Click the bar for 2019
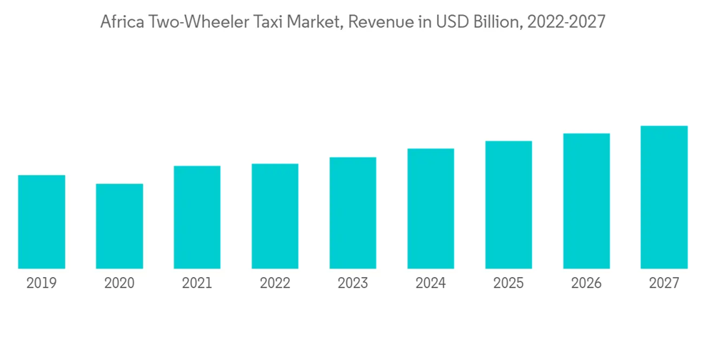point(41,221)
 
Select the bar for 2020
point(119,226)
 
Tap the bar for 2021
point(197,217)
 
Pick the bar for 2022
point(275,216)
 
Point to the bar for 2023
point(353,213)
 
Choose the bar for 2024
point(431,209)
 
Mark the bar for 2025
point(508,204)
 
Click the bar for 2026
point(586,201)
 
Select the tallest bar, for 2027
point(664,197)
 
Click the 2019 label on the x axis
point(41,284)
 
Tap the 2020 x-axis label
point(119,284)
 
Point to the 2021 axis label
point(197,284)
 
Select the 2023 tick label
point(353,284)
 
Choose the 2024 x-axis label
point(431,284)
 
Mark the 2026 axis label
point(586,284)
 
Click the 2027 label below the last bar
point(664,284)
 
